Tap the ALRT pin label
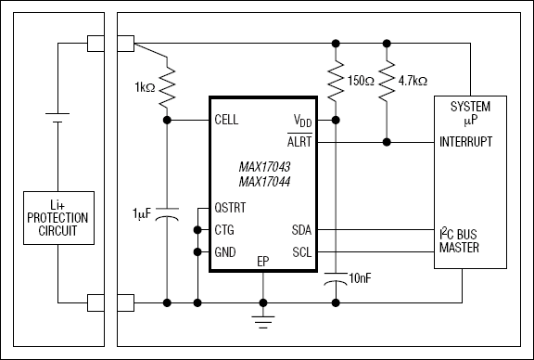[299, 142]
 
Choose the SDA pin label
[303, 230]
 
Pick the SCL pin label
[303, 251]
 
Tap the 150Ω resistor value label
[360, 80]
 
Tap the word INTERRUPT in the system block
[468, 142]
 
